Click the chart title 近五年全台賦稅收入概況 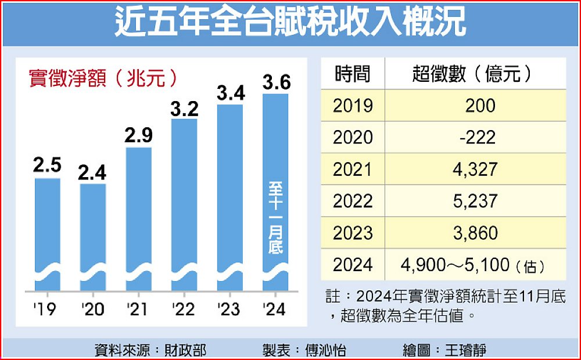click(x=290, y=23)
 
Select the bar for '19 click(x=48, y=232)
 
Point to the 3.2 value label click(x=185, y=107)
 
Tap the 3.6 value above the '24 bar click(x=276, y=82)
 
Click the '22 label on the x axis click(x=184, y=309)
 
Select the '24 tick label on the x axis click(x=274, y=309)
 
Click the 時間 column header click(x=352, y=74)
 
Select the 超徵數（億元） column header click(x=472, y=74)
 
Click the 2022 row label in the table click(x=353, y=201)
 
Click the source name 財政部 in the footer click(x=188, y=350)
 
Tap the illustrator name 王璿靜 click(x=465, y=350)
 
